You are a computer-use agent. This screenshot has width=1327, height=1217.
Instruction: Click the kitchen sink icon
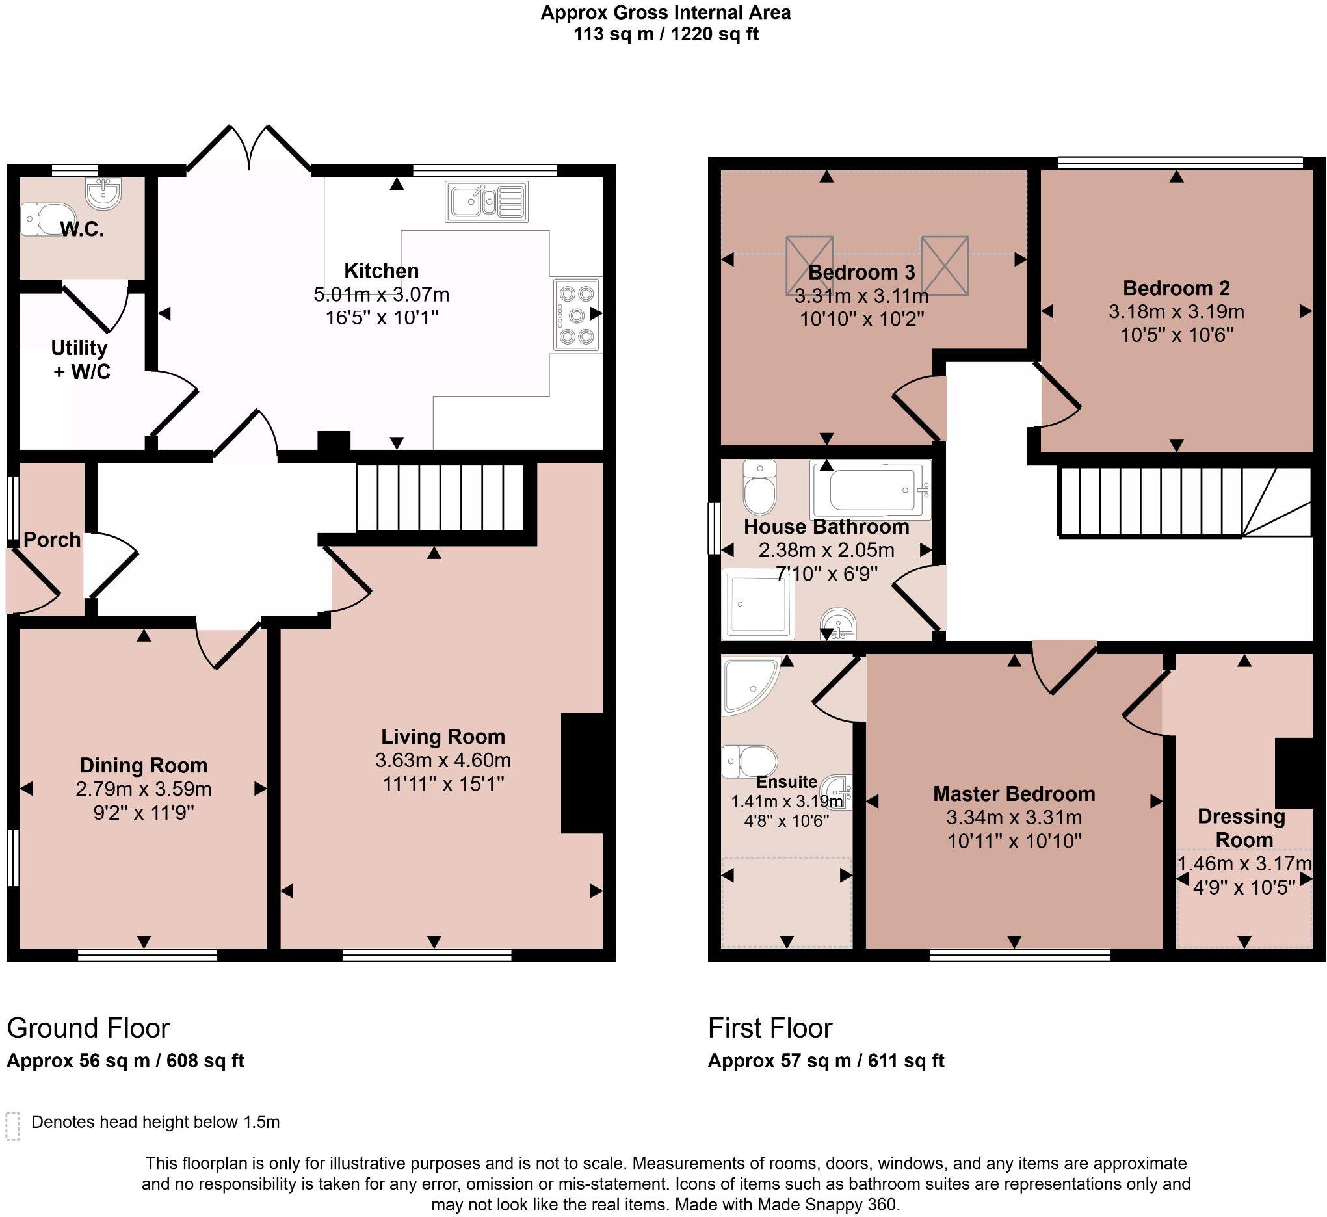[x=487, y=201]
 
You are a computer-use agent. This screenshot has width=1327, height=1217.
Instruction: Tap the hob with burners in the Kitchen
[x=577, y=314]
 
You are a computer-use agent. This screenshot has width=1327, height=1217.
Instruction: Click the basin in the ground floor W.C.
[x=103, y=193]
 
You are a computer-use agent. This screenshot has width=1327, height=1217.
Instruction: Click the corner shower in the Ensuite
[x=748, y=683]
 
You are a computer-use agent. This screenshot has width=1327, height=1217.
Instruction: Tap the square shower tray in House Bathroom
[x=757, y=604]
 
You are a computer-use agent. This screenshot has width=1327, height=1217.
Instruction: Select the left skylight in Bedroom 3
[x=809, y=265]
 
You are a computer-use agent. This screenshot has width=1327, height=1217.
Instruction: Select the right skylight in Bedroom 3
[x=945, y=265]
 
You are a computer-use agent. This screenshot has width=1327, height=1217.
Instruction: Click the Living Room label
[x=443, y=737]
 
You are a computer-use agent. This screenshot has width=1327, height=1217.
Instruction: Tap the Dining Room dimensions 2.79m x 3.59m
[x=143, y=789]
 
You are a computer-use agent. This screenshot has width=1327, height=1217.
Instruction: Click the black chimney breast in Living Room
[x=582, y=772]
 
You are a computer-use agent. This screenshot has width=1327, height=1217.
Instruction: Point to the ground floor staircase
[x=440, y=498]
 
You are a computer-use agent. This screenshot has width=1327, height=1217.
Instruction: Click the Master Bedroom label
[x=1014, y=794]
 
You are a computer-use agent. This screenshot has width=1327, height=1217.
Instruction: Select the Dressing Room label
[x=1241, y=828]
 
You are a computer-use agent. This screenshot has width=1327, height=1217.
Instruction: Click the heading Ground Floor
[x=88, y=1028]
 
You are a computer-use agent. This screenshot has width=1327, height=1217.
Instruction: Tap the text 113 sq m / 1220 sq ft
[x=665, y=34]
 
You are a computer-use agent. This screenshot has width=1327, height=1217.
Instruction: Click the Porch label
[x=52, y=540]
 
